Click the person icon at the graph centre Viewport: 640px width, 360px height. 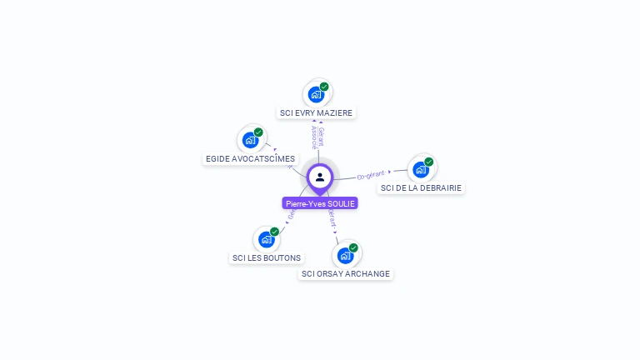320,177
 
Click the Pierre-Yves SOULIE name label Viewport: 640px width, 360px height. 320,203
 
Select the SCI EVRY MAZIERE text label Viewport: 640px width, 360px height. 317,112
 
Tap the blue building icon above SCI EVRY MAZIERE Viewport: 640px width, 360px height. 316,94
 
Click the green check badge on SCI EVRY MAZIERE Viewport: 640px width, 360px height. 324,87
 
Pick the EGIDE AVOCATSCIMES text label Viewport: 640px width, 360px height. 250,158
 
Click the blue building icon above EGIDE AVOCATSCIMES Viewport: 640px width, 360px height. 249,140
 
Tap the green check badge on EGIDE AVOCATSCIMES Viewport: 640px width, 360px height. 258,132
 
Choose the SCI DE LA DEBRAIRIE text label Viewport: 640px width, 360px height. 421,187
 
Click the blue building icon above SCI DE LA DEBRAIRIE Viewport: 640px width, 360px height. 420,169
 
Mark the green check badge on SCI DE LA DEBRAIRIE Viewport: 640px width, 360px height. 429,162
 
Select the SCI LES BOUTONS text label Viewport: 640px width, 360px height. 267,257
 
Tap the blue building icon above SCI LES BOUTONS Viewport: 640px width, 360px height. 266,239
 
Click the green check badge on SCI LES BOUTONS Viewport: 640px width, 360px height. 275,232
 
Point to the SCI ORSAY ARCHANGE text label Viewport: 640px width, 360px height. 346,273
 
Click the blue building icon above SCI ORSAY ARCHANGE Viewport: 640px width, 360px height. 345,255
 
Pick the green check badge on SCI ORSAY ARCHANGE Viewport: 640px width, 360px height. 353,247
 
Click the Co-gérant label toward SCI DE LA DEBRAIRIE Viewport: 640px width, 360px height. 371,175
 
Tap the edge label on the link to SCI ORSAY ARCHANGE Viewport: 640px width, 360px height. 332,219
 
